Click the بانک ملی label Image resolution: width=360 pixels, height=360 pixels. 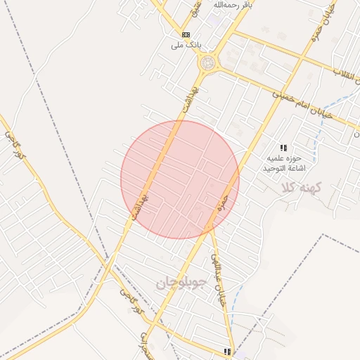(x=186, y=44)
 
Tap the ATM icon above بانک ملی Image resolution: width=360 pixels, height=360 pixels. (x=186, y=34)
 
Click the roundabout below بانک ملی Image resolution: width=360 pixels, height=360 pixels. (x=207, y=63)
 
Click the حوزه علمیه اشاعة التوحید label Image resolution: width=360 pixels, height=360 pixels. (x=283, y=163)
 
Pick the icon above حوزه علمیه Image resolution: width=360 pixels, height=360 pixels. (x=283, y=148)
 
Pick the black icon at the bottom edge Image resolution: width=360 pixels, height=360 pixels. (x=227, y=351)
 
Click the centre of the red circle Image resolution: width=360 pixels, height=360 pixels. (x=180, y=179)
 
